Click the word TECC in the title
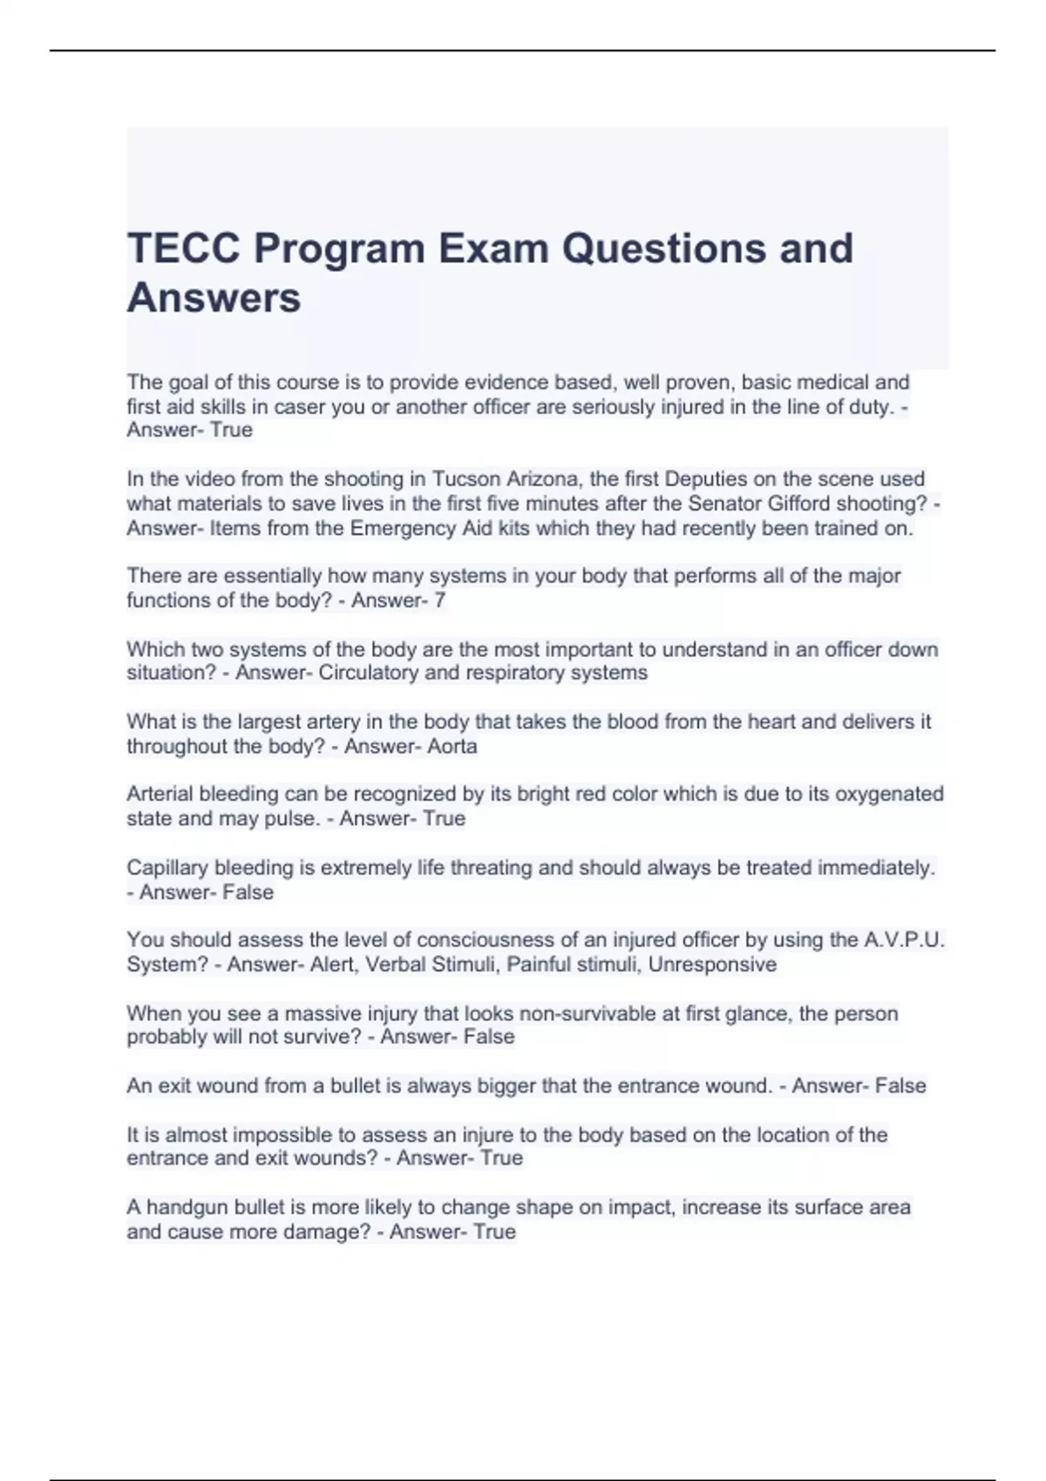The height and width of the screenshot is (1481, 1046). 184,248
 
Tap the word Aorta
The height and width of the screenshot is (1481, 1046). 452,747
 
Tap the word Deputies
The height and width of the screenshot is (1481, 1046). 708,479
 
